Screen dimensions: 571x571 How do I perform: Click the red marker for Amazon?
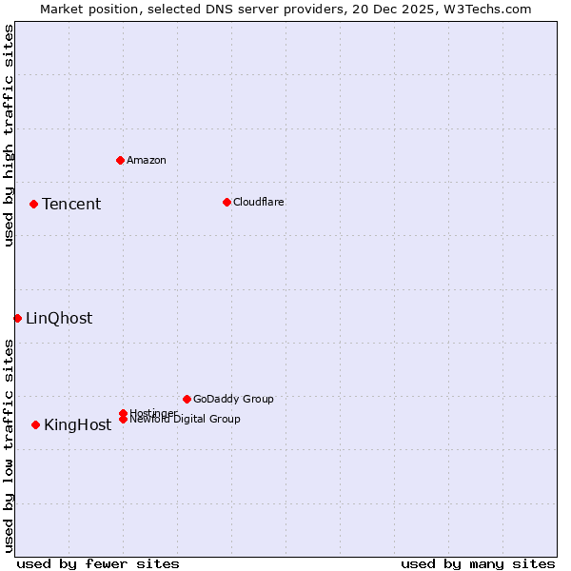120,160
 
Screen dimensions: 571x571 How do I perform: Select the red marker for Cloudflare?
226,202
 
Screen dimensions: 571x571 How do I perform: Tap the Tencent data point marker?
33,204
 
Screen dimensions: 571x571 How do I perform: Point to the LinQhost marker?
17,318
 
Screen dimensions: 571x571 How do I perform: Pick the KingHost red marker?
35,424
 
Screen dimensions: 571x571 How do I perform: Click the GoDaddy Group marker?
187,399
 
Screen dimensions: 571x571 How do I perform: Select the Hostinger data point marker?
123,413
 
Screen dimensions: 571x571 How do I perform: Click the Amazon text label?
147,160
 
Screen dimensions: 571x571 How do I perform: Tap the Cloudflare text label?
259,202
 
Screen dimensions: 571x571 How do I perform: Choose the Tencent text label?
71,205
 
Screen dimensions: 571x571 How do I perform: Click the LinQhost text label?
59,319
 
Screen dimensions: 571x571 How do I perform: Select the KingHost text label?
77,425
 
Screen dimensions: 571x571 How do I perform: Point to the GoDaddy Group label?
233,399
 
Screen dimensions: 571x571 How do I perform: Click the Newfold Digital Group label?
186,420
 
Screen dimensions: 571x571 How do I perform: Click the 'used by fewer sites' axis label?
98,563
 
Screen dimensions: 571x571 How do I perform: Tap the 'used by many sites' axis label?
478,563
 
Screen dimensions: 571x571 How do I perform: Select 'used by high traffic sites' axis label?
9,136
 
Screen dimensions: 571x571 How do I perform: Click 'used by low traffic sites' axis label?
9,445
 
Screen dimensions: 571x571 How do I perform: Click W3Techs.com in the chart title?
490,9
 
